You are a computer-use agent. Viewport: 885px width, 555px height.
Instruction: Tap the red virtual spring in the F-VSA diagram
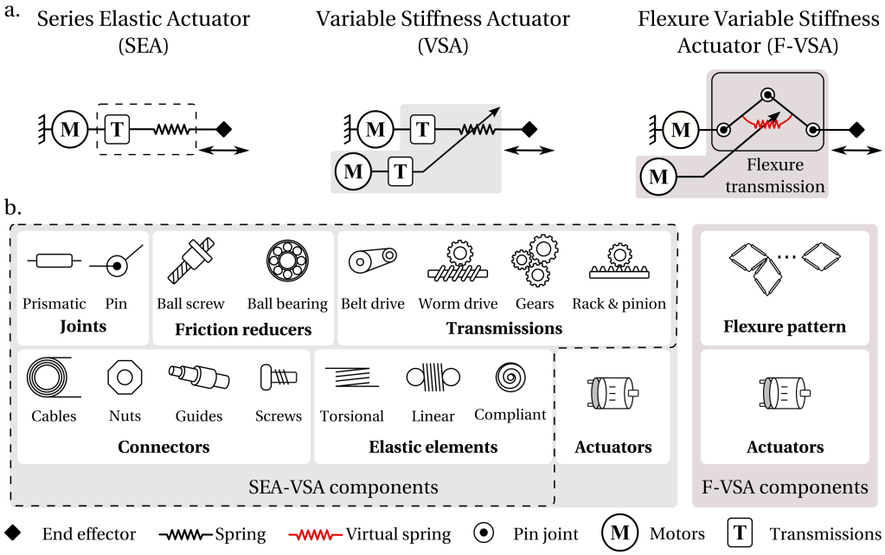click(766, 122)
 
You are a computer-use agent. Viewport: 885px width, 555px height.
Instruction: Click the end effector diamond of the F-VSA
click(856, 130)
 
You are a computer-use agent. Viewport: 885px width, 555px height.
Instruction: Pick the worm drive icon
click(457, 261)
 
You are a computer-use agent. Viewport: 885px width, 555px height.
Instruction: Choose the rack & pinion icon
click(619, 262)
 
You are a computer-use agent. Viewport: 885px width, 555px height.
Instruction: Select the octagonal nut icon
click(124, 378)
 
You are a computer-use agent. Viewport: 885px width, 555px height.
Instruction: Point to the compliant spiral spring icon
click(510, 378)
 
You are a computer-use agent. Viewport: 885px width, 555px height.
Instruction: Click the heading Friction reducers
click(243, 329)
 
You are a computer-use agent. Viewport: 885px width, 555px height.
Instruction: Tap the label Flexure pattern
click(785, 327)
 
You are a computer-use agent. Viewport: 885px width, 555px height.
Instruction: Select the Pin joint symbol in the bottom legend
click(485, 534)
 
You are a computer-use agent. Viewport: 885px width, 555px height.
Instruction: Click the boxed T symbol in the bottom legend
click(741, 534)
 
